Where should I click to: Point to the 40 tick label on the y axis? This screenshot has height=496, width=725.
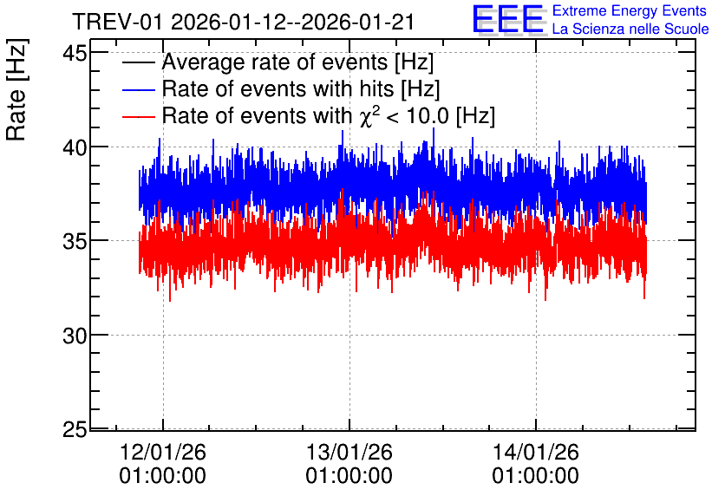75,147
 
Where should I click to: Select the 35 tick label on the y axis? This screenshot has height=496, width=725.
75,241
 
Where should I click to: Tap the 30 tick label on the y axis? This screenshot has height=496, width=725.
75,336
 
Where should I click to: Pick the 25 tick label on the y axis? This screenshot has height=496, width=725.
75,429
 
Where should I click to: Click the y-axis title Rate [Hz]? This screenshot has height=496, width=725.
16,89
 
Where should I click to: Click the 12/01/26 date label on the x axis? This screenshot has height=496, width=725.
163,452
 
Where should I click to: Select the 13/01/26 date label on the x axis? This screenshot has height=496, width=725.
349,452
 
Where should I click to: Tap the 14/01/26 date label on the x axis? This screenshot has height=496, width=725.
535,452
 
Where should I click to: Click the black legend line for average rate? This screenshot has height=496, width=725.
138,62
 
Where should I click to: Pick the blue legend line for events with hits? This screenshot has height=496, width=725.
138,89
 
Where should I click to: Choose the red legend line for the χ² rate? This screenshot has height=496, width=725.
138,116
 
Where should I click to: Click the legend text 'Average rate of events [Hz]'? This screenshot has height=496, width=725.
297,62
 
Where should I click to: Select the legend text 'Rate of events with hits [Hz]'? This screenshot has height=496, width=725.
301,88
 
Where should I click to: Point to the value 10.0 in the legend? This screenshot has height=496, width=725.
428,115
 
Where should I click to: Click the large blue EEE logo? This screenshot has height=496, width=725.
508,19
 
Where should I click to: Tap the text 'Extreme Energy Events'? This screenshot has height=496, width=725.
630,10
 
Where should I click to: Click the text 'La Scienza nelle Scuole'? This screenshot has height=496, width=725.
630,29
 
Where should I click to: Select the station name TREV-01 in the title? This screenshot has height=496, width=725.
118,23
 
